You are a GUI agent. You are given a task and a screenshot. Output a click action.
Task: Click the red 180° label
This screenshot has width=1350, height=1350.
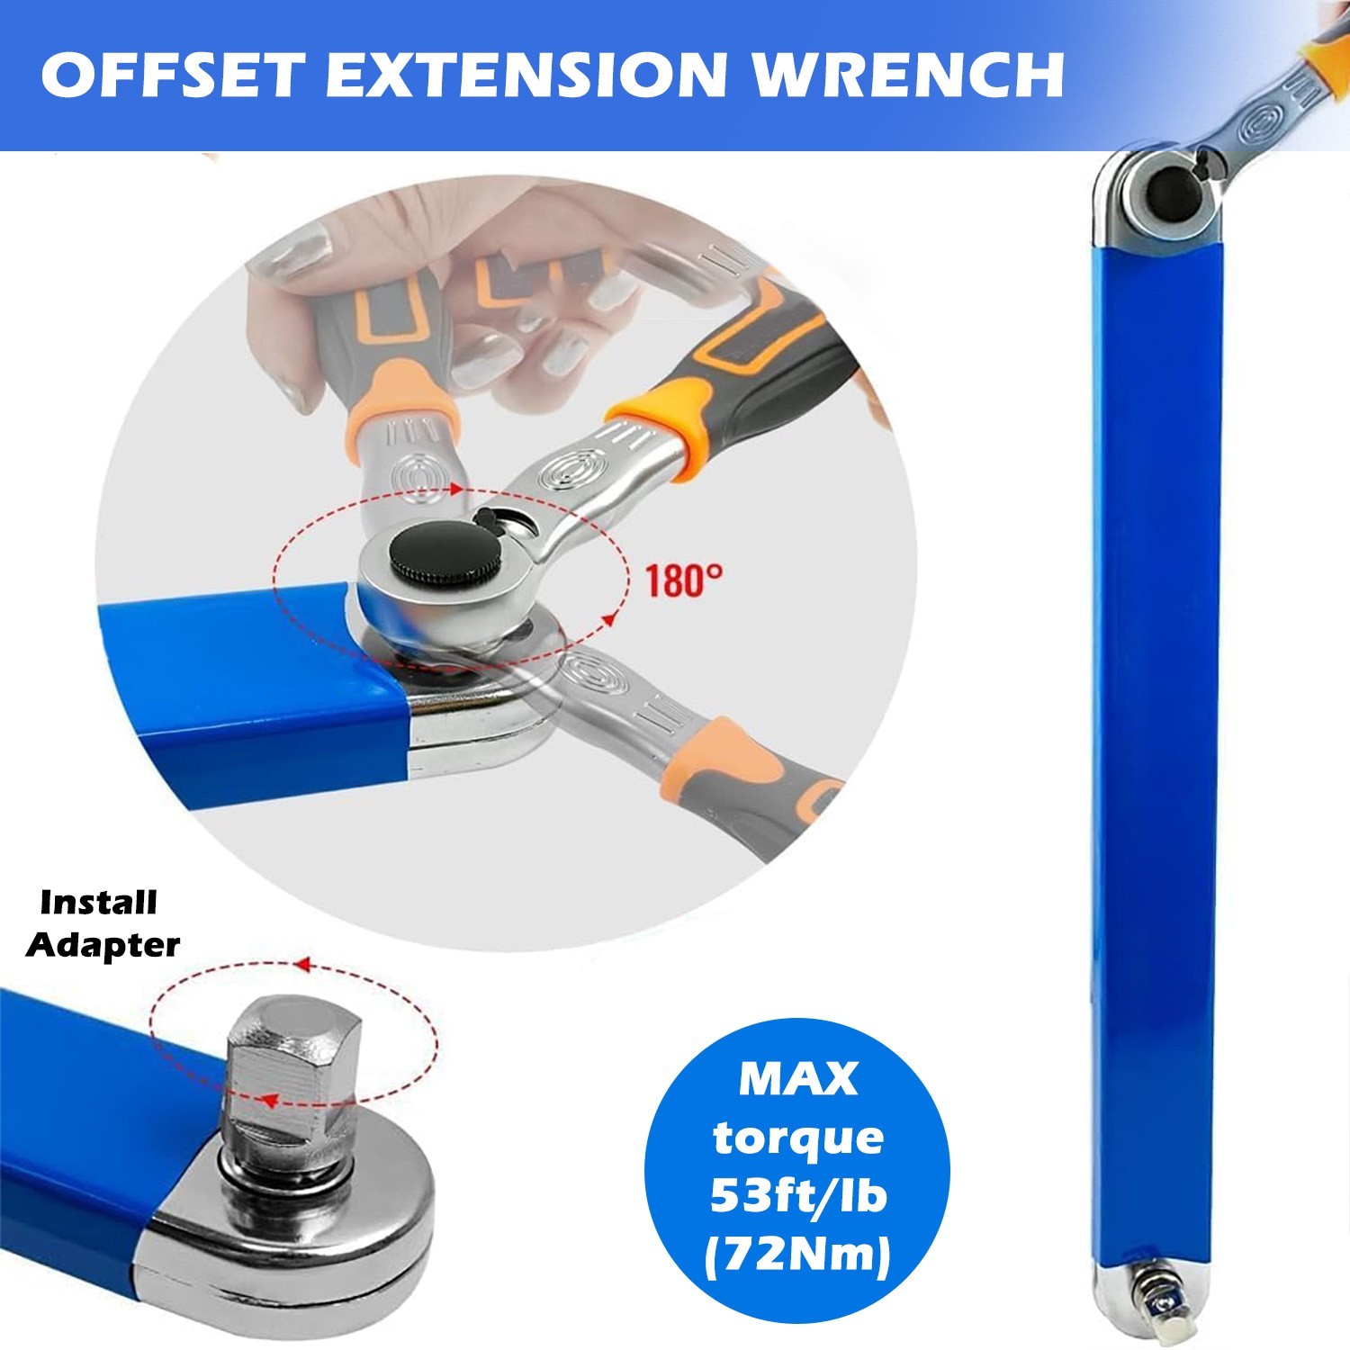pyautogui.click(x=683, y=580)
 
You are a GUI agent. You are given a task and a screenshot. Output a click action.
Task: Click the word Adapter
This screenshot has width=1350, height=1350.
pyautogui.click(x=103, y=945)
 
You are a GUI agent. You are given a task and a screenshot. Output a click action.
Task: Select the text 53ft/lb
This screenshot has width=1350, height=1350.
pyautogui.click(x=798, y=1197)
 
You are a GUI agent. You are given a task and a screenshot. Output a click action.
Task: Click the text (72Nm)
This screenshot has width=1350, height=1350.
pyautogui.click(x=798, y=1255)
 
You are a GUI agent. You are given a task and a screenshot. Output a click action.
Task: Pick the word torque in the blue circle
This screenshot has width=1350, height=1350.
pyautogui.click(x=798, y=1139)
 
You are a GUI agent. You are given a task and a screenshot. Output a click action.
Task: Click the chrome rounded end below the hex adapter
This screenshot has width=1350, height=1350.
pyautogui.click(x=297, y=1251)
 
